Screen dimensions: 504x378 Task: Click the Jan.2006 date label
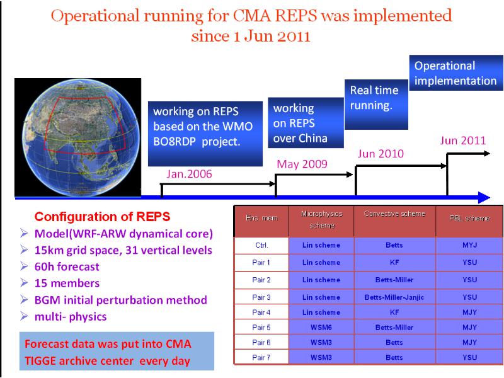tap(189, 174)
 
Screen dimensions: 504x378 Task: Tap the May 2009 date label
tap(302, 164)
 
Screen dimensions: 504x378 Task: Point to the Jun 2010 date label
tap(381, 154)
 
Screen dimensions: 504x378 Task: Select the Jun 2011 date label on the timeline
tap(463, 140)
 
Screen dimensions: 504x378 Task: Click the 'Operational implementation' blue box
tap(455, 72)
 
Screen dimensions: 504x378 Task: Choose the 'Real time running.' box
tap(376, 105)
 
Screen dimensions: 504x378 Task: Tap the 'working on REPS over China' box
tap(306, 123)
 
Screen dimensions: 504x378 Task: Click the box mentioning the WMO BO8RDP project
tap(205, 134)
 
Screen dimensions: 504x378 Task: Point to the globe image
tap(77, 137)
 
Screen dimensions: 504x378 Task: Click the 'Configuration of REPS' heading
tap(102, 217)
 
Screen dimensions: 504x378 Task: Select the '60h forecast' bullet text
tap(67, 266)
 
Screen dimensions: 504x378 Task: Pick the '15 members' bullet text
tap(67, 283)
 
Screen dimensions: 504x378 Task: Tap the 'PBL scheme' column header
tap(469, 218)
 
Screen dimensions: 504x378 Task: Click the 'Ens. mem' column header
tap(261, 218)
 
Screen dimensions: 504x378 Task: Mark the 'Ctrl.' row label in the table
tap(261, 245)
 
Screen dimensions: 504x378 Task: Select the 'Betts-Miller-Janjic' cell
tap(394, 297)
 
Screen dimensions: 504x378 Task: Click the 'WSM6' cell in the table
tap(321, 328)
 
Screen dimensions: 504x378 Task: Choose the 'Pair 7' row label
tap(261, 357)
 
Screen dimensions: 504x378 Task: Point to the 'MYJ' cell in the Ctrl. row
tap(469, 245)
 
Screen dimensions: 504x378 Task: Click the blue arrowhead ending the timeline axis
tap(484, 197)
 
